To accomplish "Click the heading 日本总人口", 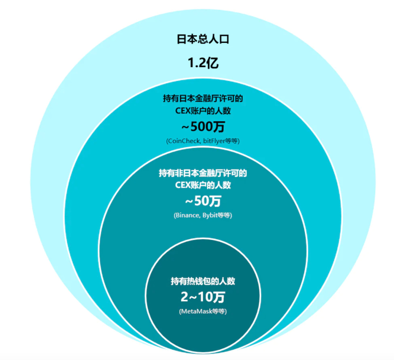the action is [x=203, y=39].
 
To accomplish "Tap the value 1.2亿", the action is [x=203, y=63].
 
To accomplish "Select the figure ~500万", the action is [x=203, y=127].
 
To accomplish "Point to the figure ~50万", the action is [x=203, y=201].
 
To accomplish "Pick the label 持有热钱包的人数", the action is [x=203, y=281].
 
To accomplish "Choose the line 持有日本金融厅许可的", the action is [x=203, y=98].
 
